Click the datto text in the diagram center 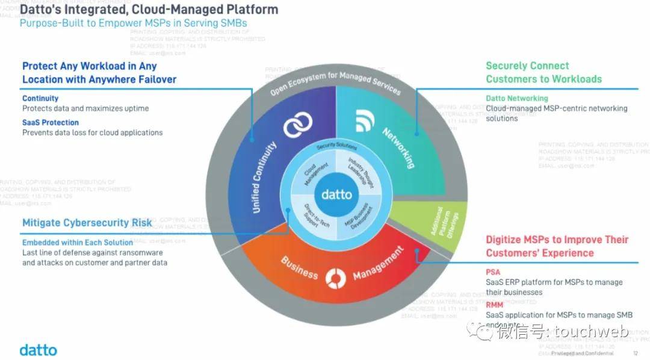336,194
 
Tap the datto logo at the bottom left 38,349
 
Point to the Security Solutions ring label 336,147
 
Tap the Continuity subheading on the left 40,98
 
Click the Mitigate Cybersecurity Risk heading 87,223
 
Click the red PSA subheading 493,272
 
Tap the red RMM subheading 494,305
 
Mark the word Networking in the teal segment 398,147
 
